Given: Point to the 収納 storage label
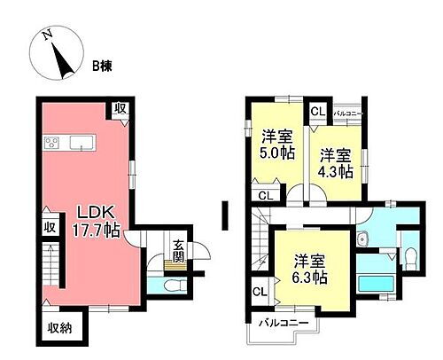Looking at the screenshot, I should point(60,326).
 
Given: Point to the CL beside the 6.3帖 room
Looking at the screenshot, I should point(260,290).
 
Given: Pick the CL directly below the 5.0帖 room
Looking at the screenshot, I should point(264,195).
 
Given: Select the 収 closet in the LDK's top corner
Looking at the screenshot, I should point(120,108).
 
